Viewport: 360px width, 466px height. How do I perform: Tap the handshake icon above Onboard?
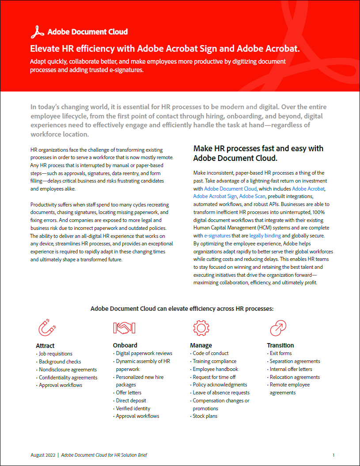[124, 328]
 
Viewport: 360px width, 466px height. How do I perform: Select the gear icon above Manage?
[201, 328]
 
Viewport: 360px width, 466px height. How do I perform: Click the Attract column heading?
[45, 345]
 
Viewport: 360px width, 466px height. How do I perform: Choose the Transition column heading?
[280, 345]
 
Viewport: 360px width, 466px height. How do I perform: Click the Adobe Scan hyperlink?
[252, 196]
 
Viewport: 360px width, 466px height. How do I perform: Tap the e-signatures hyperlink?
[217, 236]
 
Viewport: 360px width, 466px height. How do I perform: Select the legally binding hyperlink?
[265, 236]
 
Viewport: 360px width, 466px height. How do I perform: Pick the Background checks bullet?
[60, 362]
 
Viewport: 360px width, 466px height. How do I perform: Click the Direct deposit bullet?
[131, 401]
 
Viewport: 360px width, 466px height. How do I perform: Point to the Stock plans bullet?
[205, 416]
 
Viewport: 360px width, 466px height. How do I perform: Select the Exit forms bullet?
[280, 353]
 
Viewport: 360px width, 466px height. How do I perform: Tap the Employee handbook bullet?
[215, 369]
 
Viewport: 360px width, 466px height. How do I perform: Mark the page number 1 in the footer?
[333, 455]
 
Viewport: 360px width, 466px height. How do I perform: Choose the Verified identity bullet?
[133, 409]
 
